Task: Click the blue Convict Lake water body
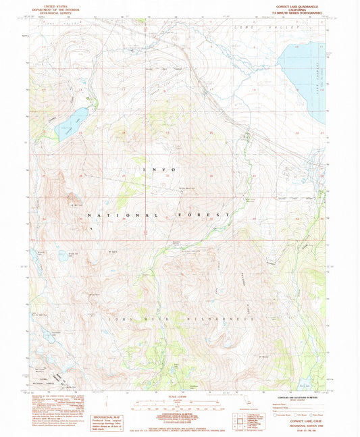[71, 122]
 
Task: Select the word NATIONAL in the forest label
[108, 215]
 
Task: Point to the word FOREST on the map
[209, 215]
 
